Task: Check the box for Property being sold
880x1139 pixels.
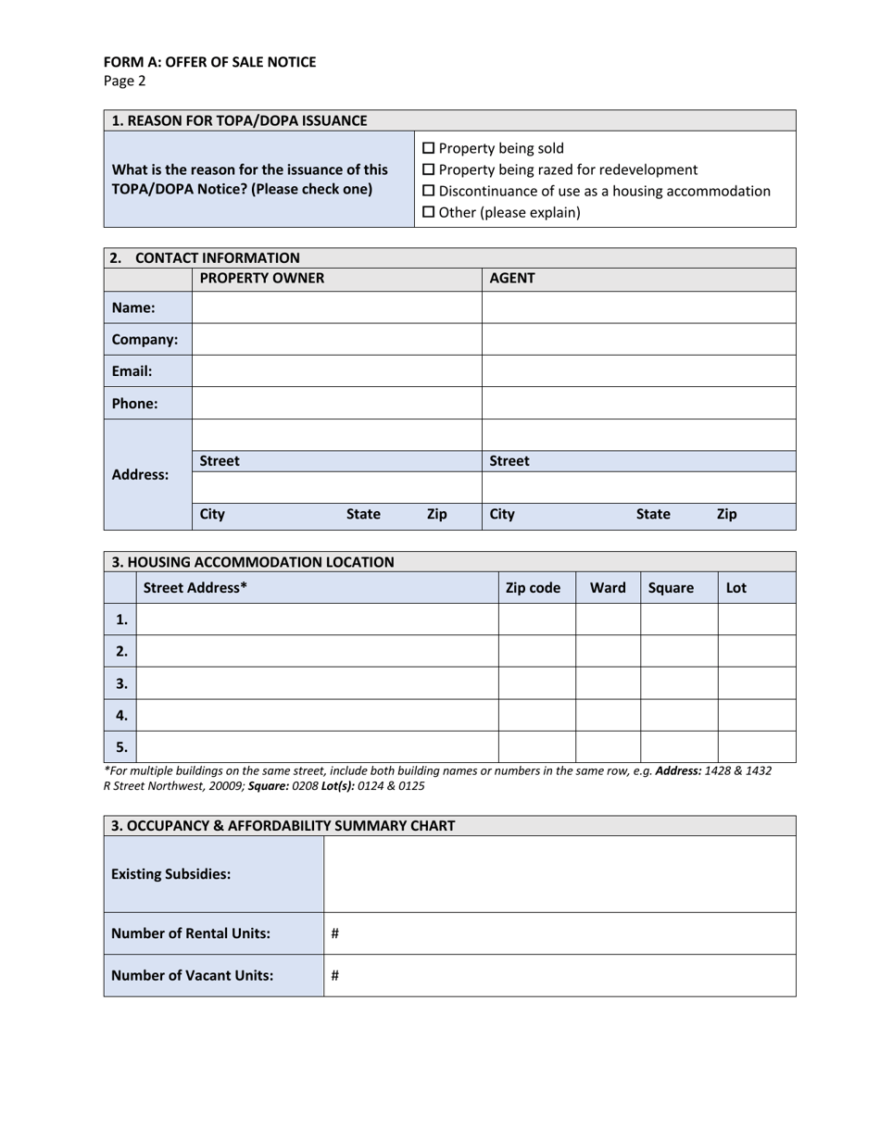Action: (x=428, y=148)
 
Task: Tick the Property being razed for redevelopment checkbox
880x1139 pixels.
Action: (x=428, y=169)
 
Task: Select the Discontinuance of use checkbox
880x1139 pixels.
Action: (x=428, y=191)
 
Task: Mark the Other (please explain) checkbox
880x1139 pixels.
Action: (x=428, y=212)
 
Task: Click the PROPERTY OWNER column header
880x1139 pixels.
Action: (x=262, y=279)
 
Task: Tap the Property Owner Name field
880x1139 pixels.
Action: (x=336, y=307)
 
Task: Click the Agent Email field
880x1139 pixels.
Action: (x=638, y=371)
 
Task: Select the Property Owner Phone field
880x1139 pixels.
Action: (x=336, y=403)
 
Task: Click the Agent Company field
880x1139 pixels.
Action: (x=638, y=339)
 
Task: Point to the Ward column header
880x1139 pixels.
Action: (x=608, y=587)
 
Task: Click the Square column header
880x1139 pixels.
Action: (x=671, y=587)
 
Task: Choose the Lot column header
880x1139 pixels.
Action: (x=736, y=587)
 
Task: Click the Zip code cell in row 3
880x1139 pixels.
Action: (x=537, y=683)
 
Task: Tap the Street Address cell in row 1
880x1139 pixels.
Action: (x=318, y=620)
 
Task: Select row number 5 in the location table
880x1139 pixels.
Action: (x=121, y=746)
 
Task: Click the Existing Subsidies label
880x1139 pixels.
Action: (x=171, y=874)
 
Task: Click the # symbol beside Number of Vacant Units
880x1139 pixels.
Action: (x=334, y=975)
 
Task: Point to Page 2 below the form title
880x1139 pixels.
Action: (x=125, y=81)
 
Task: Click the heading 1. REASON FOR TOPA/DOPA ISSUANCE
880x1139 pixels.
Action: (x=239, y=120)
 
